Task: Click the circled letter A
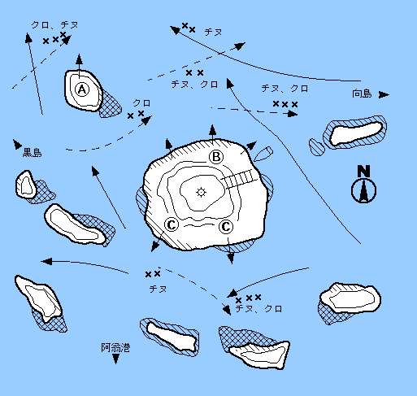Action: tap(82, 89)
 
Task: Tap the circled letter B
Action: tap(216, 157)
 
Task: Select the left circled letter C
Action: tap(172, 224)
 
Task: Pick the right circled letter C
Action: tap(226, 226)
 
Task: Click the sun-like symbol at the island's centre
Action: tap(201, 192)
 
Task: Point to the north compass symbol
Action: tap(363, 190)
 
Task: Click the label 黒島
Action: tap(32, 152)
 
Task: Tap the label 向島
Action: tap(362, 94)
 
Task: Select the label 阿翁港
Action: tap(115, 347)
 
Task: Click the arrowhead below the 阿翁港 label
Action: tap(116, 359)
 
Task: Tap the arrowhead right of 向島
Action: tap(384, 95)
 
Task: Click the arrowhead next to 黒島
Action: tap(17, 144)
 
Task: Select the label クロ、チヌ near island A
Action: tap(54, 25)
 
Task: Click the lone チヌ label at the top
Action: tap(213, 32)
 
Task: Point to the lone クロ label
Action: tap(141, 103)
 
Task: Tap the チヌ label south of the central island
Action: tap(158, 289)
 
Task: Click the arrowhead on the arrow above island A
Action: tap(79, 59)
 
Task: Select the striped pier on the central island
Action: tap(238, 178)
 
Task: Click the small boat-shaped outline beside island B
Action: tap(263, 154)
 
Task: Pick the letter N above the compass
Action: tap(363, 171)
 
